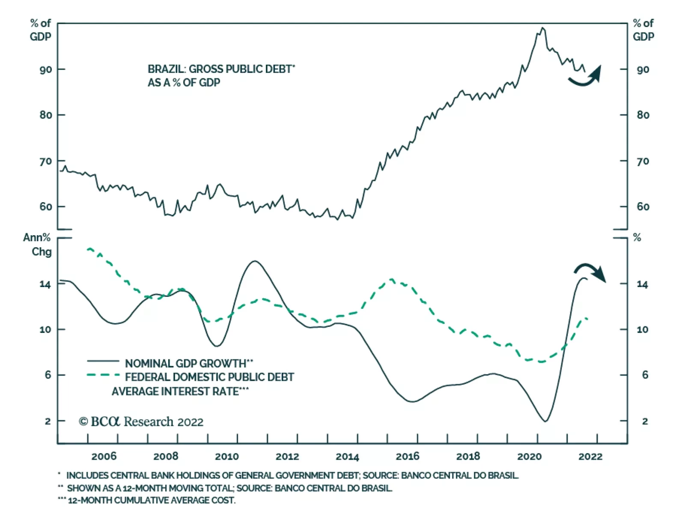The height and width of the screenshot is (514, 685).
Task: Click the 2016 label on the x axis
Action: click(x=407, y=457)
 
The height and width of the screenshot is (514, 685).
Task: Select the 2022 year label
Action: click(x=590, y=457)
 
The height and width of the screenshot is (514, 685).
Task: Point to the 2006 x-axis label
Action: click(x=104, y=457)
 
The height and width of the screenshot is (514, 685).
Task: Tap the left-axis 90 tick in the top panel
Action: click(x=46, y=69)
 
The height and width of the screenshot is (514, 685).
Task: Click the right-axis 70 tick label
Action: click(x=643, y=161)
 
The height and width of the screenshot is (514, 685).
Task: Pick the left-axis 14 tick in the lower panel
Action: click(x=45, y=284)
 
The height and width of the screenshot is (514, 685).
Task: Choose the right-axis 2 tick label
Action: click(x=645, y=421)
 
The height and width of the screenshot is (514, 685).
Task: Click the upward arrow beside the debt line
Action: click(x=587, y=76)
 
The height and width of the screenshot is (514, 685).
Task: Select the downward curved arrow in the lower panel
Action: click(x=591, y=272)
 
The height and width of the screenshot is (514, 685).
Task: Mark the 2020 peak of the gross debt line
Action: click(x=542, y=28)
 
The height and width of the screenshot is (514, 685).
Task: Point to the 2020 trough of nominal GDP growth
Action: click(x=545, y=421)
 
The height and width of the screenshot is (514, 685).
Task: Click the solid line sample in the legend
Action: click(x=103, y=361)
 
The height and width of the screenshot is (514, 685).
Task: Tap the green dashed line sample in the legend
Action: click(x=103, y=375)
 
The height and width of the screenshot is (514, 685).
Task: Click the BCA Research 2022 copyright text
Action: click(x=141, y=421)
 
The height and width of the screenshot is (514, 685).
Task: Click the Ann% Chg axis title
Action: click(x=37, y=245)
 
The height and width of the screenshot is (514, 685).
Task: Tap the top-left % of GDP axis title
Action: click(x=40, y=30)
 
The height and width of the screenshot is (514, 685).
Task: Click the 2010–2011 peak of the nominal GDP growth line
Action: click(x=255, y=261)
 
